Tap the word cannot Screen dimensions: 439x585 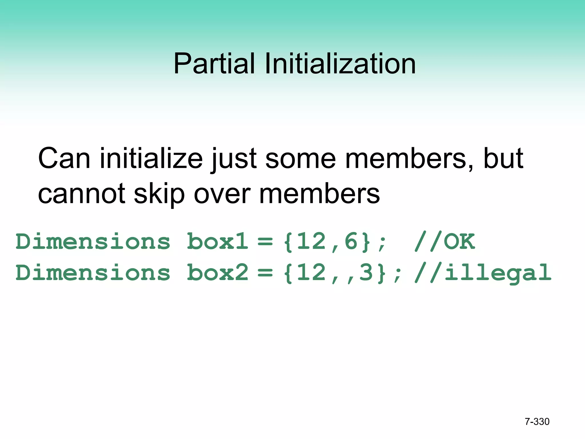point(82,193)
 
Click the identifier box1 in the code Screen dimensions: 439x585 point(217,242)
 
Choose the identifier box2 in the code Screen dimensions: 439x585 point(217,272)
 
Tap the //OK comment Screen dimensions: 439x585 point(444,242)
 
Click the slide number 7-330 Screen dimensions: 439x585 point(537,422)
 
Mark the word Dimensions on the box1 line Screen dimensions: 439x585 point(93,242)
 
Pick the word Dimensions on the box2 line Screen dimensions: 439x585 point(93,272)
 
